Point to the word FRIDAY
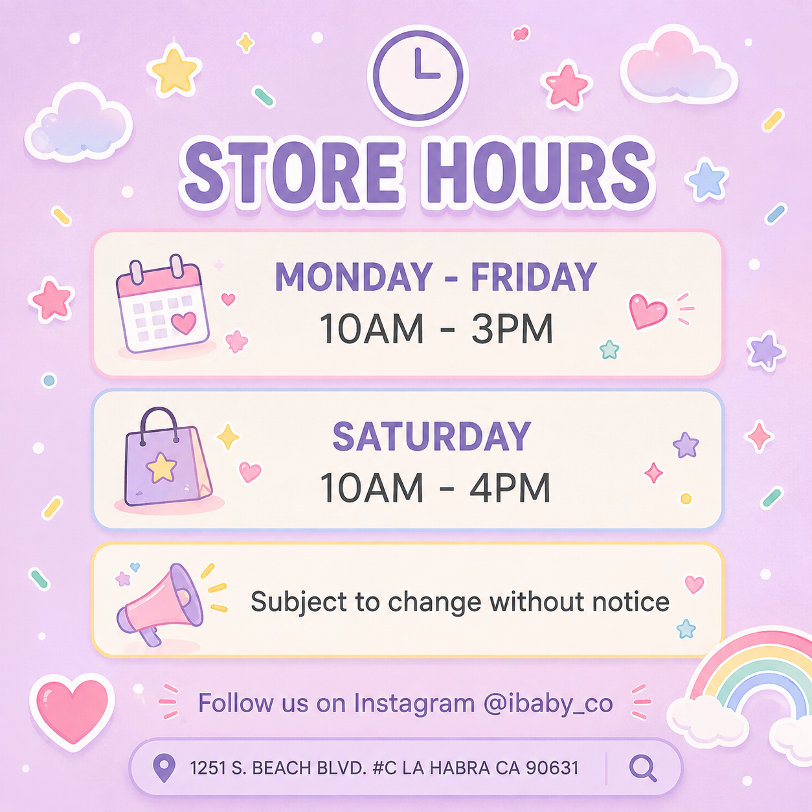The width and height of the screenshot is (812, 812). pyautogui.click(x=534, y=277)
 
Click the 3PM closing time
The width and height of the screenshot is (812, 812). pyautogui.click(x=512, y=329)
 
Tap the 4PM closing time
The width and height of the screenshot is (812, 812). pyautogui.click(x=510, y=488)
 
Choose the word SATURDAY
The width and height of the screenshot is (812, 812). pyautogui.click(x=431, y=436)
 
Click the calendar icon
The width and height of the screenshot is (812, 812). pyautogui.click(x=163, y=304)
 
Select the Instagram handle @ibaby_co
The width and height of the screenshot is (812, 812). pyautogui.click(x=548, y=703)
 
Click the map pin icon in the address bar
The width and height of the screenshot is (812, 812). pyautogui.click(x=164, y=768)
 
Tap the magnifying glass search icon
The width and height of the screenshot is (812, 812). pyautogui.click(x=642, y=768)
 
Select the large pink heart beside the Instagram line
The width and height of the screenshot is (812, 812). pyautogui.click(x=73, y=711)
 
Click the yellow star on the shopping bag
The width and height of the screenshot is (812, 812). pyautogui.click(x=161, y=468)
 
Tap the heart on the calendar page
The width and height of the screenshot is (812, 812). pyautogui.click(x=184, y=323)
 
